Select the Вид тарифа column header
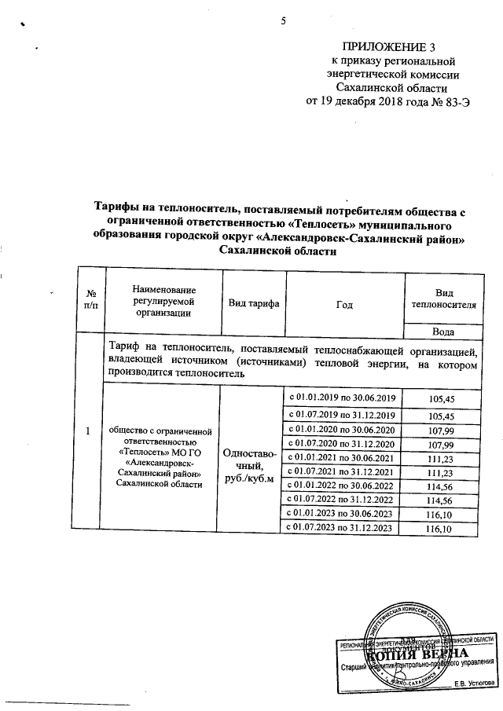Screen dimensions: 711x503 click(x=255, y=302)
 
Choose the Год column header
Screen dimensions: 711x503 click(x=343, y=302)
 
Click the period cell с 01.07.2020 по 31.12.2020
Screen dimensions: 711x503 click(x=343, y=445)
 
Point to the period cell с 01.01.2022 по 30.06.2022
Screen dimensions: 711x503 click(x=343, y=485)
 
